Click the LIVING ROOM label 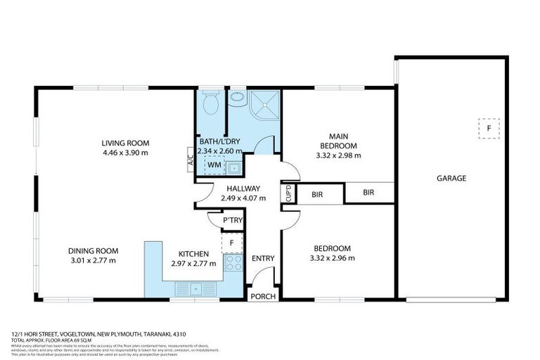click(125, 143)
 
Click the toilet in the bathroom click(210, 105)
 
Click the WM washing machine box click(214, 165)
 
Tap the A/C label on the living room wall click(190, 160)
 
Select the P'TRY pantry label click(232, 220)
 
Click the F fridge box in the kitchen click(232, 243)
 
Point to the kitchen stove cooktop click(232, 264)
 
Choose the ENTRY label click(263, 259)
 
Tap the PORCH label click(263, 296)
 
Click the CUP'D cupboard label click(288, 193)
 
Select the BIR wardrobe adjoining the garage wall click(368, 192)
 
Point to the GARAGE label click(451, 179)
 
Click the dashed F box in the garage click(488, 129)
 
